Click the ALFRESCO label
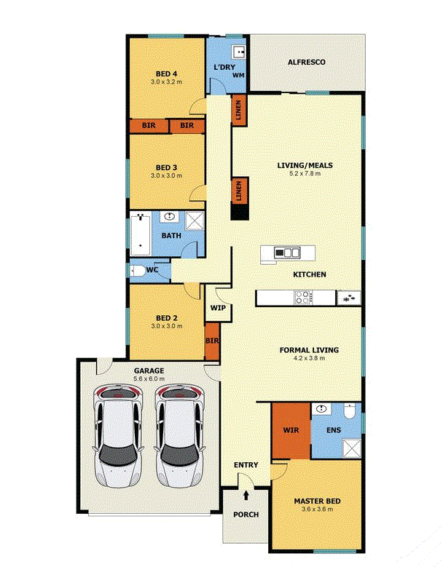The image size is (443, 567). [306, 62]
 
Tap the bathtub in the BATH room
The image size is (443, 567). [140, 234]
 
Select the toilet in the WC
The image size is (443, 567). [137, 271]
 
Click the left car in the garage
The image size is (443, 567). [117, 436]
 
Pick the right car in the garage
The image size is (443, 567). [179, 436]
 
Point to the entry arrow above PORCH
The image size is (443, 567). [246, 495]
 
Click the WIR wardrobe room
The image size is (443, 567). [291, 430]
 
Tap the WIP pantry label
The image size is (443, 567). [218, 308]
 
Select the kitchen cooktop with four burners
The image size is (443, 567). [303, 298]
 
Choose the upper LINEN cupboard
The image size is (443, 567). [239, 111]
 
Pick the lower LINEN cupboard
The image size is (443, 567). [239, 191]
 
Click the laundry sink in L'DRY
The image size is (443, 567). [238, 52]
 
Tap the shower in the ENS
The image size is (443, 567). [351, 448]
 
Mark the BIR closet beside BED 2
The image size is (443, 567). [212, 341]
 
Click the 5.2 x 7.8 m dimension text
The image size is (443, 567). [305, 173]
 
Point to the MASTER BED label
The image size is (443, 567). [317, 501]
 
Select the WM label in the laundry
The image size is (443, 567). [238, 75]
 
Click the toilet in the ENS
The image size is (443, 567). [350, 411]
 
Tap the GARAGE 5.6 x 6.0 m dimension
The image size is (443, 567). [149, 379]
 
